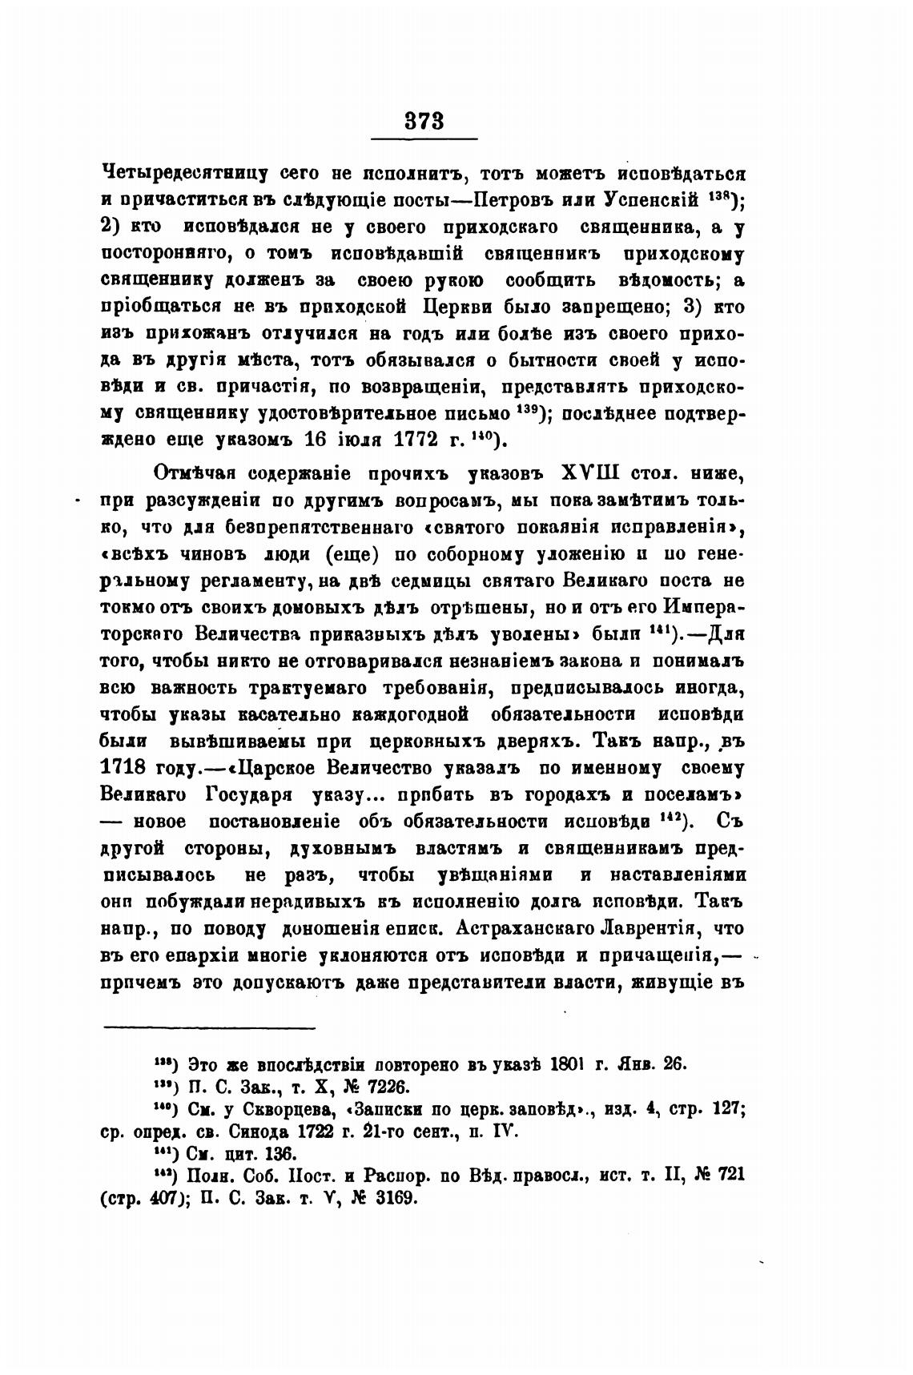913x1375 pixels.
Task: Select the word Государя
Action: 239,795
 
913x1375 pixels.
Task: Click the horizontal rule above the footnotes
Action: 210,1027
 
